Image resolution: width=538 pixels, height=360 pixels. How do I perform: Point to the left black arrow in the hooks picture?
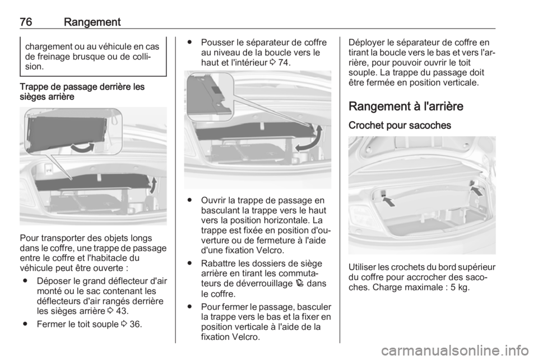(x=387, y=199)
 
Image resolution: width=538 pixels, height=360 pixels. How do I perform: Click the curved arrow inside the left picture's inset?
(x=82, y=147)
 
